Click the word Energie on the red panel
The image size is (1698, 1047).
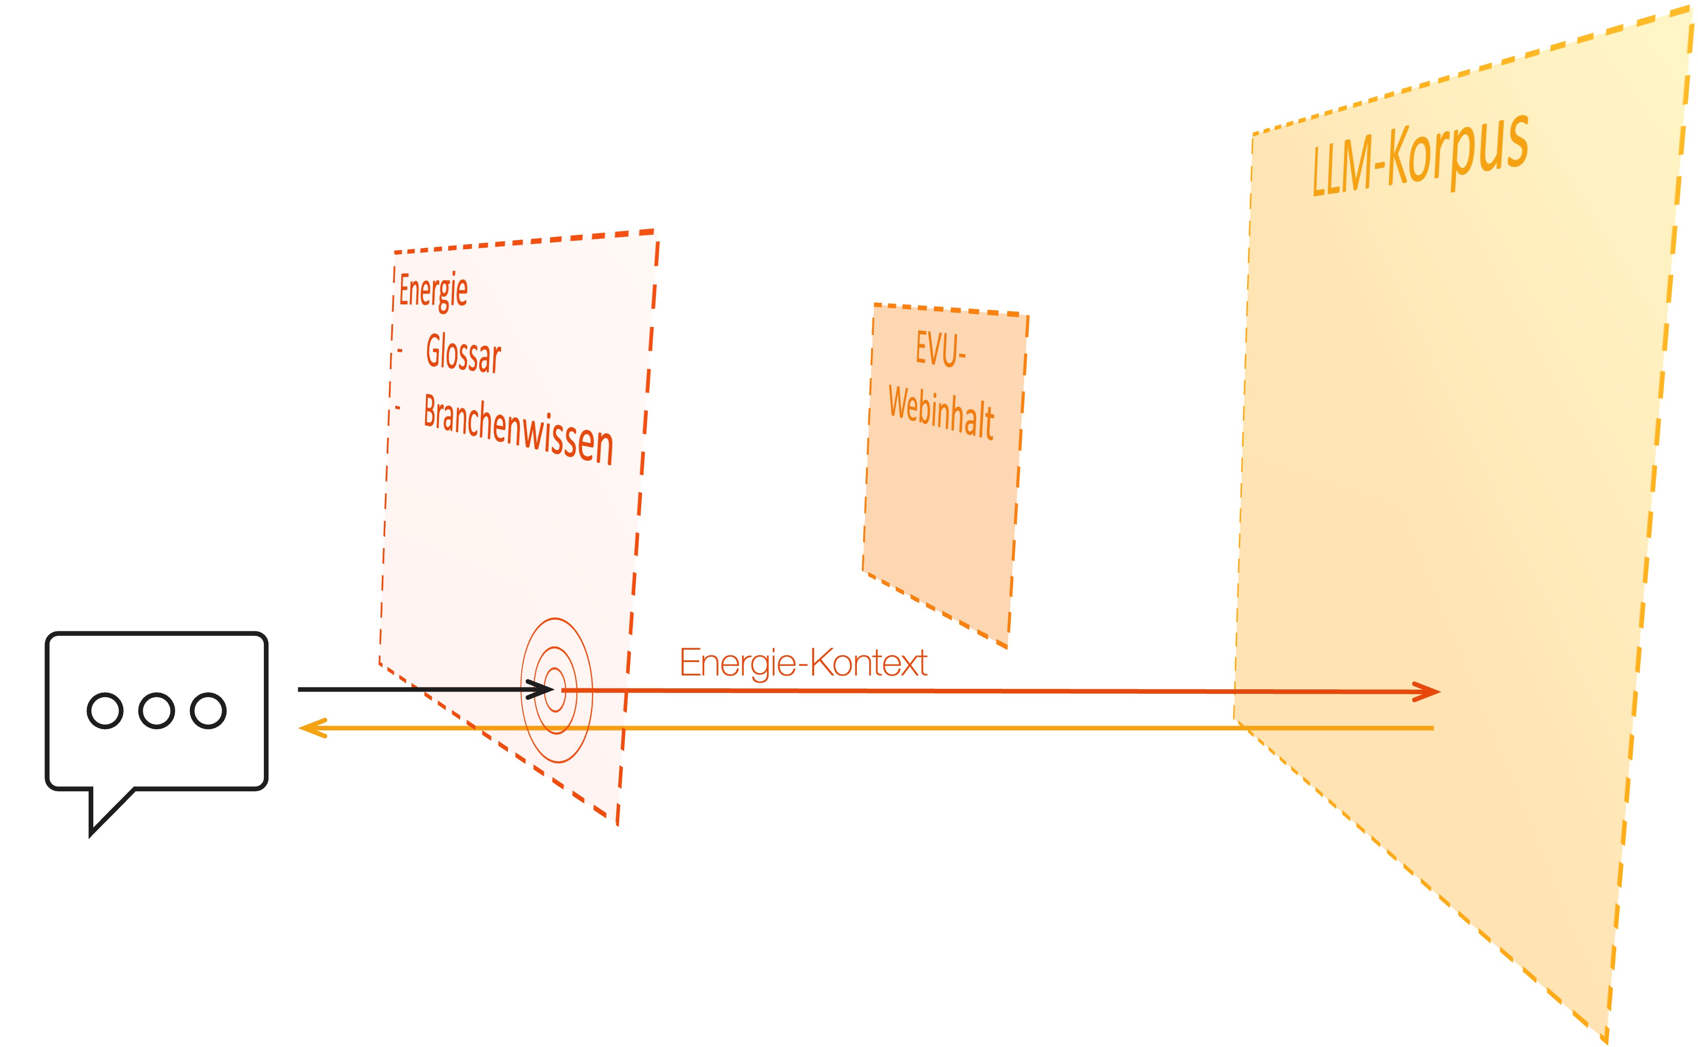(x=433, y=290)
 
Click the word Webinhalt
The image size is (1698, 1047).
(x=941, y=413)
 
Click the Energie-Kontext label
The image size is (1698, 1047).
(x=803, y=663)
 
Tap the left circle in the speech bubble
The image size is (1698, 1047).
(x=104, y=710)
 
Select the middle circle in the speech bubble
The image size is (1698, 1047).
(x=156, y=710)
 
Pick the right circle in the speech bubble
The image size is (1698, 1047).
(x=208, y=710)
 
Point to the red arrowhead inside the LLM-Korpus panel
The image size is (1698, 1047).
(x=1427, y=692)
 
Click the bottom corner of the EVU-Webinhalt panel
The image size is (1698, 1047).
(x=1007, y=647)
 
